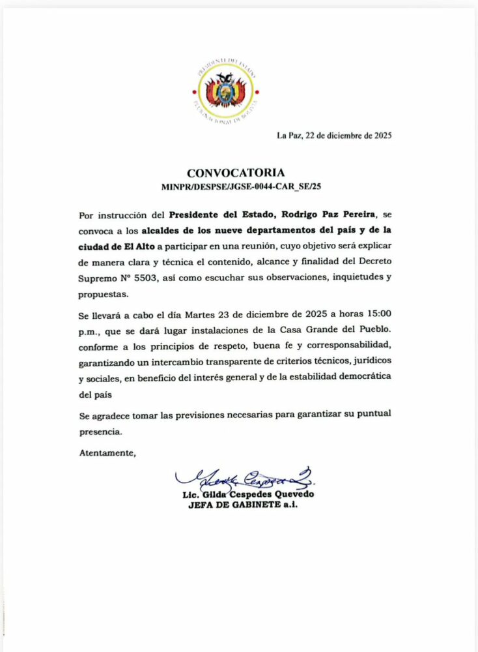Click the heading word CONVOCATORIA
click(x=236, y=173)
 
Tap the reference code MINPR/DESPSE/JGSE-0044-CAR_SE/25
click(x=242, y=186)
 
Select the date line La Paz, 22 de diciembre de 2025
click(x=334, y=136)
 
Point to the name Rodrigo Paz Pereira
click(x=307, y=214)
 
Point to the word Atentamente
click(x=107, y=452)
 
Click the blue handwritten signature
click(x=244, y=480)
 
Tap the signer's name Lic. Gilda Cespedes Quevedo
click(x=249, y=495)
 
